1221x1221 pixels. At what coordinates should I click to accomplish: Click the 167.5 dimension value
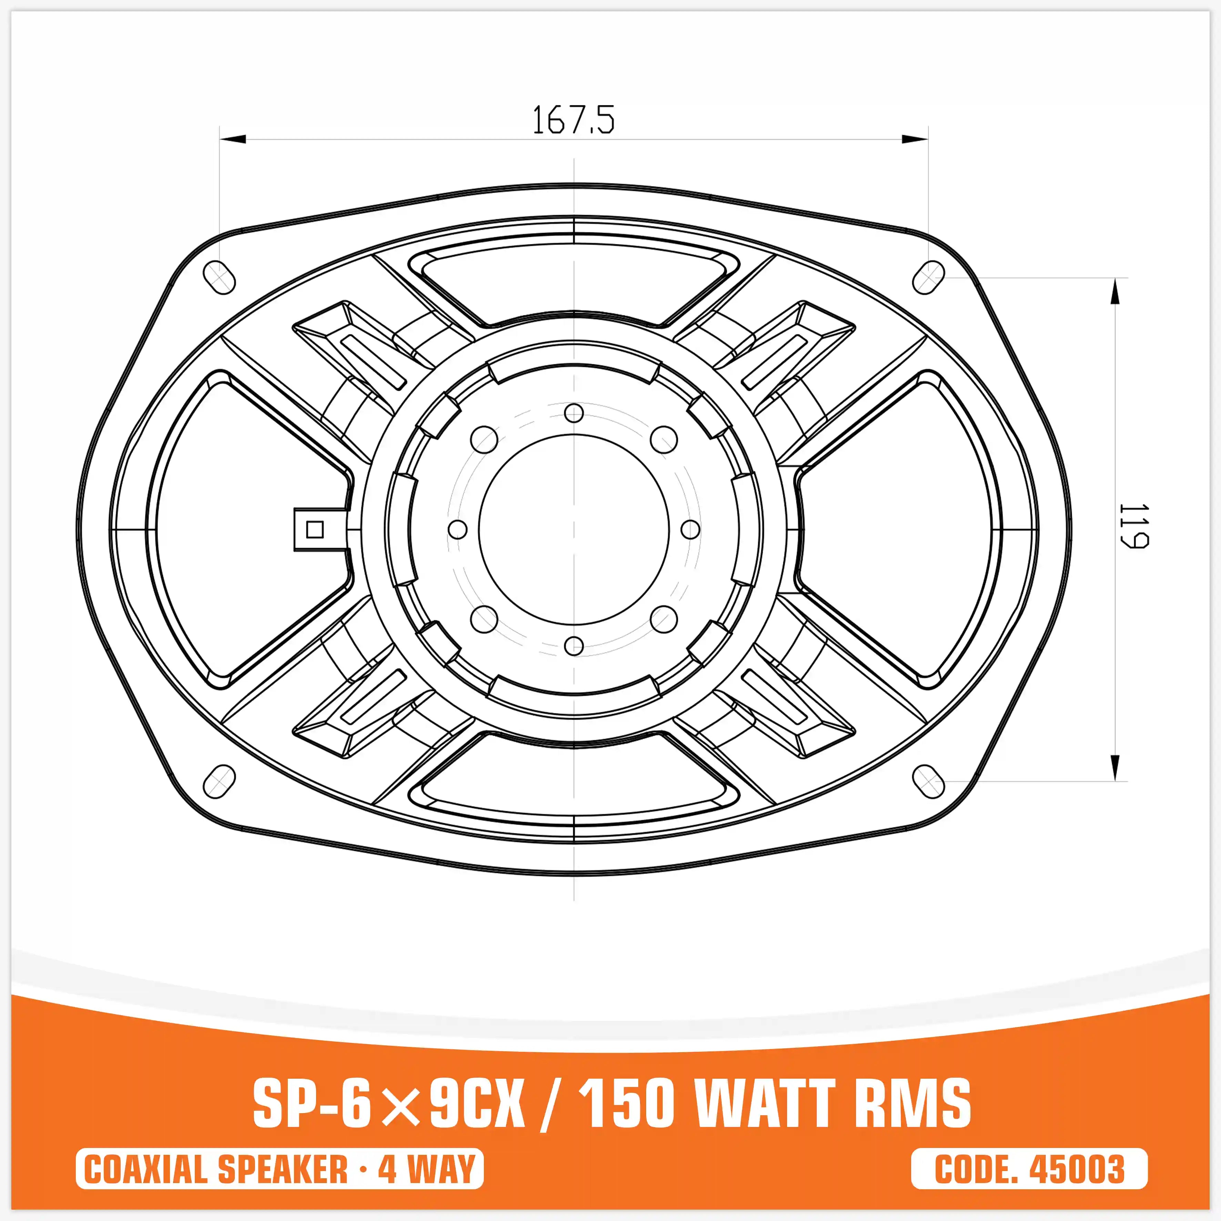click(x=572, y=120)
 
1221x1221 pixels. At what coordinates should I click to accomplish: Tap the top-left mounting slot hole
click(x=219, y=277)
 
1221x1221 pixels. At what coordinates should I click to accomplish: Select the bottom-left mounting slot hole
click(x=219, y=781)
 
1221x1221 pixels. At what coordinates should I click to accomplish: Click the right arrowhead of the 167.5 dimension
click(x=915, y=139)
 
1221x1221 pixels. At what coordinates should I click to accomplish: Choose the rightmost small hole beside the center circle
click(x=691, y=530)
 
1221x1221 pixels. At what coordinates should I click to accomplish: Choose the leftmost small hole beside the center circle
click(x=457, y=530)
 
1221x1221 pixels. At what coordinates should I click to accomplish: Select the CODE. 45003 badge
click(x=1029, y=1169)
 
